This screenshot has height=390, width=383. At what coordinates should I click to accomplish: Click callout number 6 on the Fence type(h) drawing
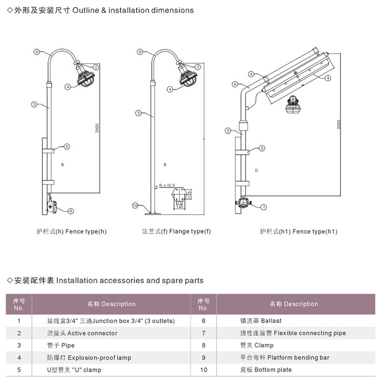tap(70, 211)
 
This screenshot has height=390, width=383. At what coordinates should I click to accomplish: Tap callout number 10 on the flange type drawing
tap(135, 205)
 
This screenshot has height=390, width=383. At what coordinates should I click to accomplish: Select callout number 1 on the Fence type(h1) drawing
tap(264, 207)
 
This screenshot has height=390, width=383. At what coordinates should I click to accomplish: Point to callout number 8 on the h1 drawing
tap(251, 74)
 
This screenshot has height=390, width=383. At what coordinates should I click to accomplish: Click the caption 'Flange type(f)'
tap(176, 232)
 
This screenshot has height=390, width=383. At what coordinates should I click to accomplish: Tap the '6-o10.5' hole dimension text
tap(167, 185)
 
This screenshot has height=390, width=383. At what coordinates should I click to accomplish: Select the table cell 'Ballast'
tap(260, 321)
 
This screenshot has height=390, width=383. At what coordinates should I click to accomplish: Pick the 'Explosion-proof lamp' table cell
tap(89, 358)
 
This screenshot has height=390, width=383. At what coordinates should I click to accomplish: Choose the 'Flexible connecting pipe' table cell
tap(293, 333)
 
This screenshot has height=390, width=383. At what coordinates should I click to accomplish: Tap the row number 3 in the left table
tap(19, 346)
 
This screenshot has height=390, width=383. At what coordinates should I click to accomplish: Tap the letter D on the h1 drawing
tap(256, 170)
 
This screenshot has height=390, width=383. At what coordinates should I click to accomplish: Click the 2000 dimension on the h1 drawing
tap(338, 124)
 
